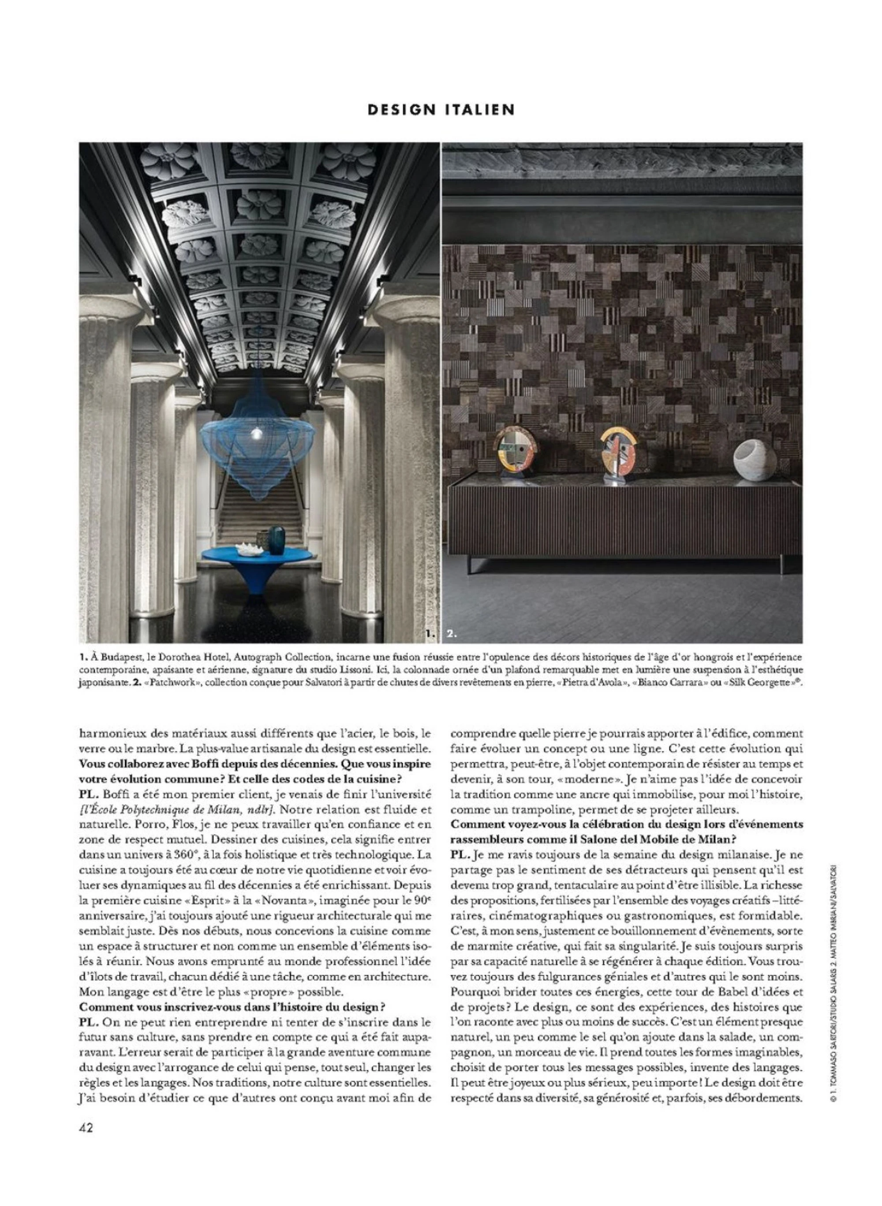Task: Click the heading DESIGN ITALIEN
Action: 441,109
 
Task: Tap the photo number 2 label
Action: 452,635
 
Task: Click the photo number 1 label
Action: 431,635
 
